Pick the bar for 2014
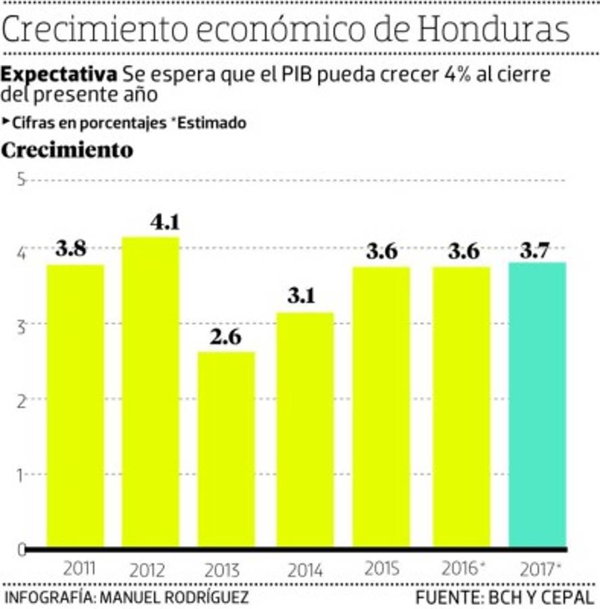click(305, 429)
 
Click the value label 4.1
click(164, 223)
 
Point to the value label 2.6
click(225, 337)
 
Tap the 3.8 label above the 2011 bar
click(71, 249)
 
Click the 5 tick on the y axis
click(20, 180)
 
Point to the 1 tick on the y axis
click(20, 475)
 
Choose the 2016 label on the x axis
click(460, 568)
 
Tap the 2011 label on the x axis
click(78, 568)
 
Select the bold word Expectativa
click(60, 74)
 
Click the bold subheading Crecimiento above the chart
click(67, 150)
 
